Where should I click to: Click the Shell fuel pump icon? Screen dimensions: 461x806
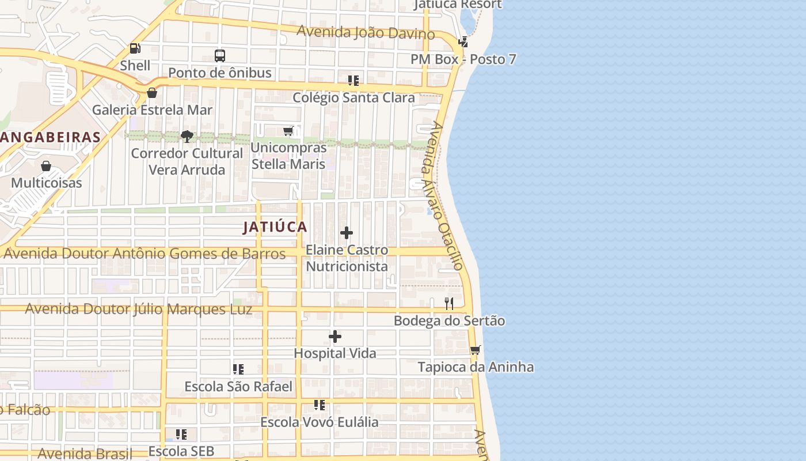pyautogui.click(x=135, y=49)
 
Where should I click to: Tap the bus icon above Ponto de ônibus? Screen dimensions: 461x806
pyautogui.click(x=220, y=56)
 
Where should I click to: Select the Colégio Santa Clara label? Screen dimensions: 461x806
pyautogui.click(x=353, y=97)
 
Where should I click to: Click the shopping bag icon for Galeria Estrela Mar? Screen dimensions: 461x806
pyautogui.click(x=152, y=93)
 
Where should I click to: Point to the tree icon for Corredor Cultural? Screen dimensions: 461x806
pyautogui.click(x=187, y=137)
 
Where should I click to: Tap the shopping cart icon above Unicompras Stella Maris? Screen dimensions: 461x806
pyautogui.click(x=288, y=131)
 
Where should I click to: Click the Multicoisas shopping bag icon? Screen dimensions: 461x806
pyautogui.click(x=46, y=167)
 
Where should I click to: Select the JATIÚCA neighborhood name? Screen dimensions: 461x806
pyautogui.click(x=275, y=227)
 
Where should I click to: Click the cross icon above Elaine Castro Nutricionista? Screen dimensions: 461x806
pyautogui.click(x=347, y=233)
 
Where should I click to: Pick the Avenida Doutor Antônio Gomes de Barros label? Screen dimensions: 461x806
pyautogui.click(x=145, y=254)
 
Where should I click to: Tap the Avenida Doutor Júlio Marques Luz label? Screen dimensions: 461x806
pyautogui.click(x=139, y=309)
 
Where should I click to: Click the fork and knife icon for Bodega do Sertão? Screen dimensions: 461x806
pyautogui.click(x=449, y=304)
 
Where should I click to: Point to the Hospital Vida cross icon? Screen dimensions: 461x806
pyautogui.click(x=335, y=337)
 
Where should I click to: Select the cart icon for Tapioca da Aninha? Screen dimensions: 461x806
pyautogui.click(x=475, y=350)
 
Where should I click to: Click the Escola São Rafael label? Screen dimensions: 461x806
pyautogui.click(x=238, y=386)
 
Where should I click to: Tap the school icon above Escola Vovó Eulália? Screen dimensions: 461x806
pyautogui.click(x=319, y=405)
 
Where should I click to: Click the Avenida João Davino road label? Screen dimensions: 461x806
pyautogui.click(x=366, y=32)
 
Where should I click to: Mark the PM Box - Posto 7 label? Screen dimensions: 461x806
pyautogui.click(x=463, y=59)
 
